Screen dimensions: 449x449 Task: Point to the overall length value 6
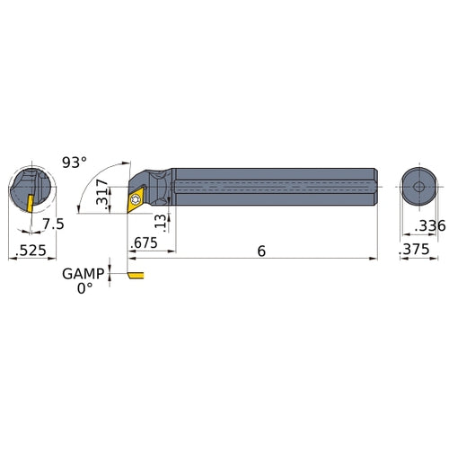pyautogui.click(x=260, y=254)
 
